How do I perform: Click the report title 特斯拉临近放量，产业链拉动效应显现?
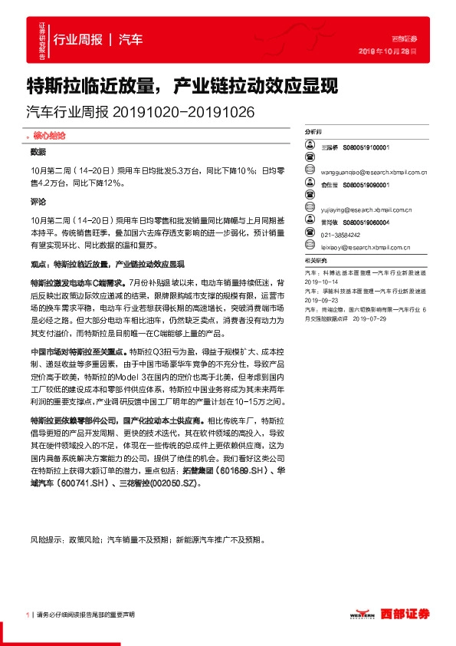(182, 84)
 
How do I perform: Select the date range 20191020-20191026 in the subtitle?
(183, 112)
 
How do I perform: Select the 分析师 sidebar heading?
(315, 133)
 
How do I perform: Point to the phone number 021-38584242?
(340, 235)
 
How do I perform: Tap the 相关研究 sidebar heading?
(316, 262)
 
